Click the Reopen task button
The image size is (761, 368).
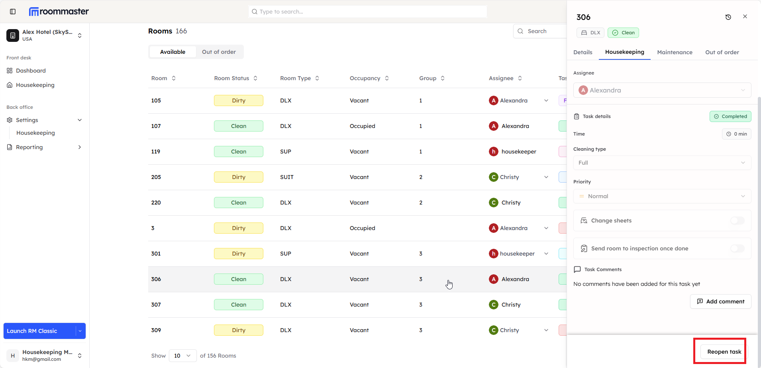coord(724,352)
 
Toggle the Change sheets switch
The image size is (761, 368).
coord(737,220)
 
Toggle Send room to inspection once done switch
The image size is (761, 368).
coord(737,248)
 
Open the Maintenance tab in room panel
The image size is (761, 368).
coord(675,52)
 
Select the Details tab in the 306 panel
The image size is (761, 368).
coord(583,52)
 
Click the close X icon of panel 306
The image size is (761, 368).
coord(745,17)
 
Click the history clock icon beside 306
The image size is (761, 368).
coord(728,17)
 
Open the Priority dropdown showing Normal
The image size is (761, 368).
coord(662,196)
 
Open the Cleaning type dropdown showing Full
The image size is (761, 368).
coord(662,163)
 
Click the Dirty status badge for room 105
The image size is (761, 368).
coord(238,100)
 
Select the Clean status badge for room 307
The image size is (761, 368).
coord(238,305)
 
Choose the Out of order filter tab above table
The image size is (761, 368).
coord(219,52)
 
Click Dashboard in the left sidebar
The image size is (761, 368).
coord(31,71)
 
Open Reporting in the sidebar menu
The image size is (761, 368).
coord(29,147)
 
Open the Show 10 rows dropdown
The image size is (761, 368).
coord(182,356)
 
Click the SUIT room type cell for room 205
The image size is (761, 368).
coord(286,177)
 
